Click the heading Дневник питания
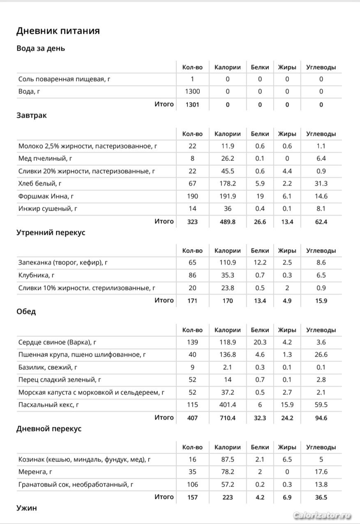(x=58, y=31)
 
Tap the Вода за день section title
(x=41, y=49)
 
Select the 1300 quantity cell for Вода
(x=192, y=92)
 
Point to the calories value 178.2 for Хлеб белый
(x=227, y=183)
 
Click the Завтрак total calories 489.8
(x=227, y=222)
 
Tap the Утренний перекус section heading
(x=51, y=232)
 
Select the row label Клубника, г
(x=37, y=275)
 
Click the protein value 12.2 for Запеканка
(x=260, y=262)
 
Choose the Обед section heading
(x=26, y=312)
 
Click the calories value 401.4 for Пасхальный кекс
(x=227, y=405)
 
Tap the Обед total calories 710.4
(x=227, y=418)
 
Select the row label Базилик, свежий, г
(x=48, y=367)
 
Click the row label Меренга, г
(x=35, y=472)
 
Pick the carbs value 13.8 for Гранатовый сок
(x=321, y=485)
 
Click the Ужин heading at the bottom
(x=27, y=508)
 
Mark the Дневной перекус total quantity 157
(x=192, y=497)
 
